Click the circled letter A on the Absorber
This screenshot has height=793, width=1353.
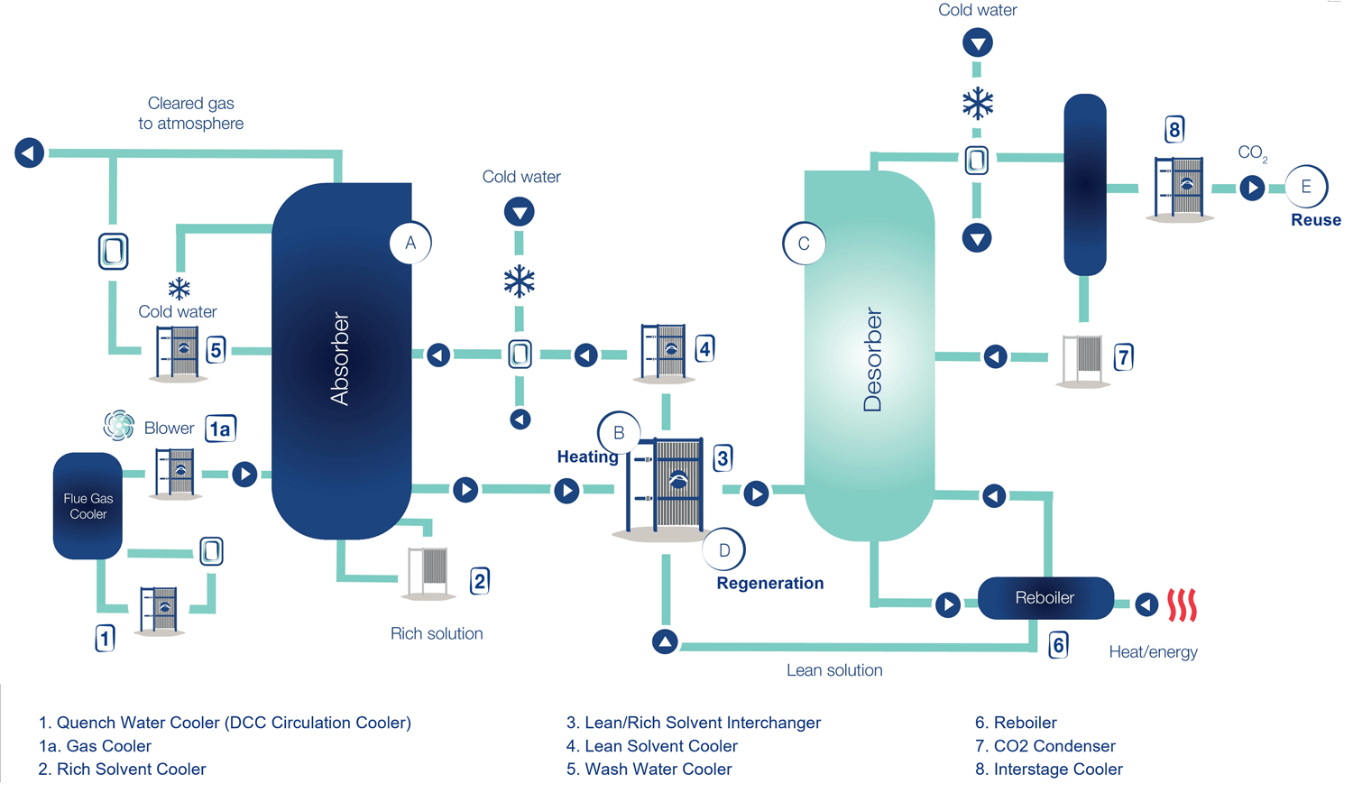coord(410,243)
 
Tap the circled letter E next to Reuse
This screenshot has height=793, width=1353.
coord(1305,188)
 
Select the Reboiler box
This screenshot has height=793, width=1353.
coord(1045,598)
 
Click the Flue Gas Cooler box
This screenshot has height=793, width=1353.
coord(87,506)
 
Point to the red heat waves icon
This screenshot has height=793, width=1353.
coord(1182,604)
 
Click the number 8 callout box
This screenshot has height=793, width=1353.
coord(1174,130)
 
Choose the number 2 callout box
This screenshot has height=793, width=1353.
coord(480,581)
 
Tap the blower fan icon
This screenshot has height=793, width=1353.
coord(118,425)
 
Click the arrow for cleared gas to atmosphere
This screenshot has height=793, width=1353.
coord(29,153)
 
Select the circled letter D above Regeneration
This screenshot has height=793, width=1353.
coord(724,549)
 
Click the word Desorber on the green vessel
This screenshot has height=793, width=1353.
coord(872,360)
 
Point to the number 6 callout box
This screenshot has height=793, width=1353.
coord(1059,644)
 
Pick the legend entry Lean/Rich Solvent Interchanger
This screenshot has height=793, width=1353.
coord(693,723)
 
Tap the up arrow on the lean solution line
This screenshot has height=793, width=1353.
coord(665,642)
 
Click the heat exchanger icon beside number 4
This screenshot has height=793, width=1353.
coord(663,351)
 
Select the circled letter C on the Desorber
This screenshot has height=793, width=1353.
coord(804,244)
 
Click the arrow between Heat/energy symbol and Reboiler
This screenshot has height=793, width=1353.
coord(1146,604)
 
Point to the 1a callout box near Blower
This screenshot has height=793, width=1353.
coord(220,429)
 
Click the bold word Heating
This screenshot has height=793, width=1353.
coord(587,456)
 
